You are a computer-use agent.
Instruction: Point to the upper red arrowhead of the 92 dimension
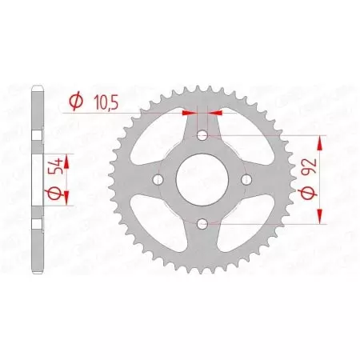320,142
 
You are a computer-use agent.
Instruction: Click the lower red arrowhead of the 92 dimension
320,215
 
